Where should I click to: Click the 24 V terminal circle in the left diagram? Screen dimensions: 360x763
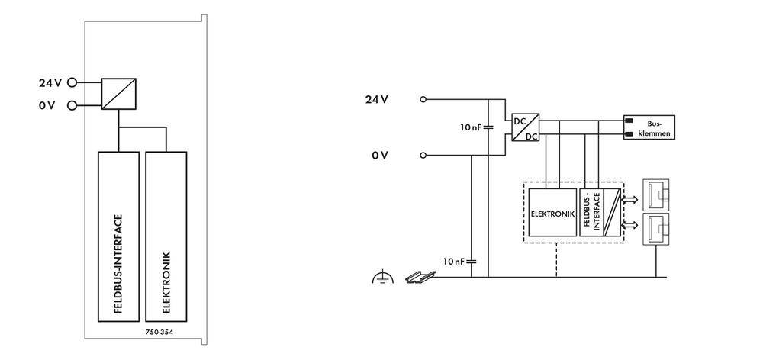pyautogui.click(x=72, y=82)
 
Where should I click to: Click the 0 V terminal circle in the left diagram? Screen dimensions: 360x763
pyautogui.click(x=72, y=105)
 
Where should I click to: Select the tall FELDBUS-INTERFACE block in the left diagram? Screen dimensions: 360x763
pyautogui.click(x=118, y=237)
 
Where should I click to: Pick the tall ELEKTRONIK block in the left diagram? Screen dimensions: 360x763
pyautogui.click(x=166, y=237)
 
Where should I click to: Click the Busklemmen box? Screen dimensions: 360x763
pyautogui.click(x=649, y=127)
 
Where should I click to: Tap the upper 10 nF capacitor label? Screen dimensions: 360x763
pyautogui.click(x=469, y=127)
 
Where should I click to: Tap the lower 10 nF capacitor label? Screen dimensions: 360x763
pyautogui.click(x=454, y=261)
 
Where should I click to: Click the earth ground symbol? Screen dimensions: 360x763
pyautogui.click(x=381, y=279)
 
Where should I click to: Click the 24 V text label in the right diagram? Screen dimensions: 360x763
pyautogui.click(x=377, y=99)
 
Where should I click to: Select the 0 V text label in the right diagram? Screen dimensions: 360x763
pyautogui.click(x=380, y=156)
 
